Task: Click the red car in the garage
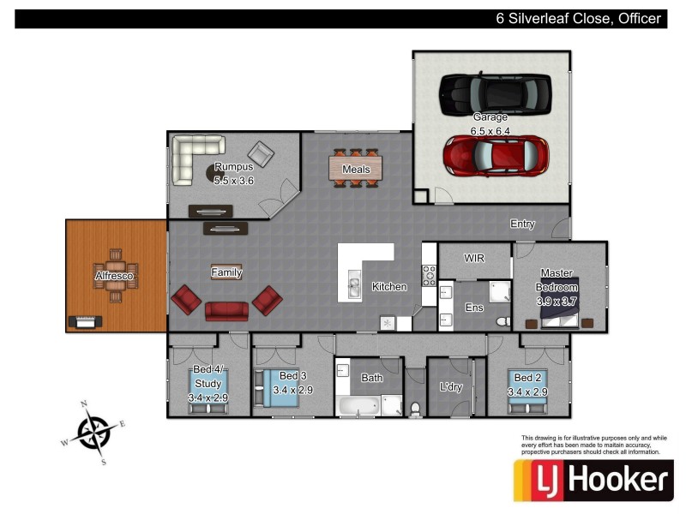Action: click(496, 155)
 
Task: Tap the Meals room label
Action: click(356, 170)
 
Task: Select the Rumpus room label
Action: click(234, 167)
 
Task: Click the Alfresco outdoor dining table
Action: click(115, 277)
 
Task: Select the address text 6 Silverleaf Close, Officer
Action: click(580, 18)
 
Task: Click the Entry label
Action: click(522, 224)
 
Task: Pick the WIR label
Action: click(474, 257)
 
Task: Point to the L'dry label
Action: click(450, 386)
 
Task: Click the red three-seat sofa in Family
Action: click(226, 310)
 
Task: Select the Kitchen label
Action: click(388, 286)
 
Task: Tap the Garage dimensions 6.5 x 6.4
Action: click(490, 131)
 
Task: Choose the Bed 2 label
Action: click(527, 378)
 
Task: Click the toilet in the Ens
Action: click(503, 320)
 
